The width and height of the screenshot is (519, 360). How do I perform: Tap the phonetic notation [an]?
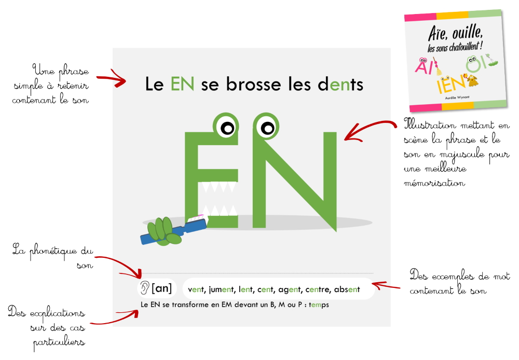(x=162, y=288)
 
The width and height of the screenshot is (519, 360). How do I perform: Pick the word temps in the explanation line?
(x=319, y=304)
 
